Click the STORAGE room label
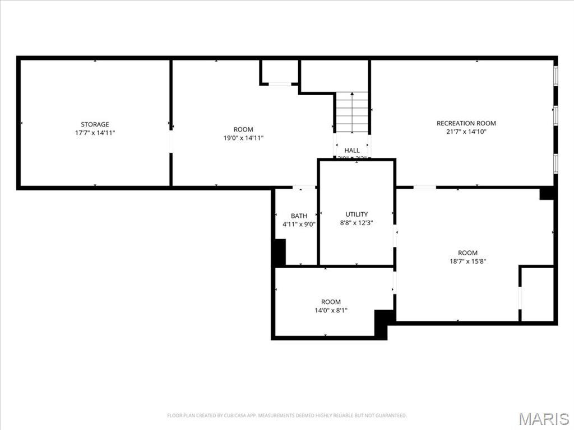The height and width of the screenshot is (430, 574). coord(95,124)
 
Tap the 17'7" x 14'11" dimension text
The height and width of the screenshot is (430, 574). coord(95,133)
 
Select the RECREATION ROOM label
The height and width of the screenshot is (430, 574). coord(466,123)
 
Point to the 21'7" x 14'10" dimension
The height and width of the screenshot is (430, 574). coord(466,132)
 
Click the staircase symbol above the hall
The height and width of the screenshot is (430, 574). coord(352,112)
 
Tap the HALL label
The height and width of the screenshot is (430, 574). coord(352,150)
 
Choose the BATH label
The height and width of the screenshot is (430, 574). coord(299,216)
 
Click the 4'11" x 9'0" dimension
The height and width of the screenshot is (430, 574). coord(299,225)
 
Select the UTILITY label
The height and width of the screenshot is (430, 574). coord(357,214)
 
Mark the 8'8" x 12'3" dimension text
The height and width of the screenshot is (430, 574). coord(357,222)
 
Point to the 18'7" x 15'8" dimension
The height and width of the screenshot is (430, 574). coord(467,261)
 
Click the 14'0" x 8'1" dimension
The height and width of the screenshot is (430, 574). coord(331,310)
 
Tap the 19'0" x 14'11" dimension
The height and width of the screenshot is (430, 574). coord(243,138)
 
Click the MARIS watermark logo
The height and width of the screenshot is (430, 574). coord(544,418)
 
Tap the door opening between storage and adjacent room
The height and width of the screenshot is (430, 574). coord(171,141)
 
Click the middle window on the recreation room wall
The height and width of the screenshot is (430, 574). coord(556,115)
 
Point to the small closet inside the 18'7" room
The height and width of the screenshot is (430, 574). coord(537,294)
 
